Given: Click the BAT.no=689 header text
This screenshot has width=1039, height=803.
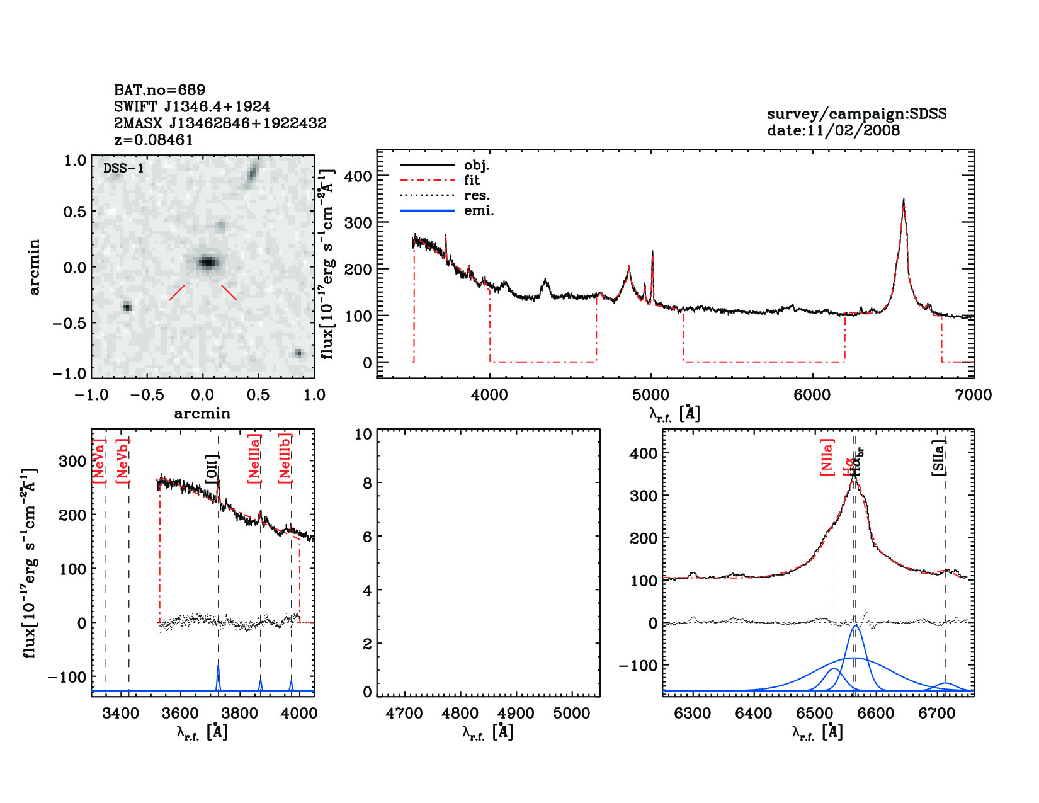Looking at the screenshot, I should point(159,90).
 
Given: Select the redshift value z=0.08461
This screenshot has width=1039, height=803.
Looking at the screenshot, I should point(154,140).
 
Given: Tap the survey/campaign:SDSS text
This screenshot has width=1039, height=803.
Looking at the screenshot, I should point(856,114).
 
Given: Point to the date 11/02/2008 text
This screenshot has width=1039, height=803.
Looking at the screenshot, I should point(833,130).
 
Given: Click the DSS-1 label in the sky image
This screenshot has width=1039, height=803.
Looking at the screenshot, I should point(123,168).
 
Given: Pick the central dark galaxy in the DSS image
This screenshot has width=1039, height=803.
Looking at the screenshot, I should point(207,262).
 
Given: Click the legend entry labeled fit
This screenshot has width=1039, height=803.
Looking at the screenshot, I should point(472,180).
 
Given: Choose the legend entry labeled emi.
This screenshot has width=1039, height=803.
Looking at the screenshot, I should point(479,210).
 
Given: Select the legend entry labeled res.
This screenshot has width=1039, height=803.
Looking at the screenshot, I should point(477,195).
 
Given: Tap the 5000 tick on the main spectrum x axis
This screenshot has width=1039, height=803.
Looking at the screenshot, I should point(650,395).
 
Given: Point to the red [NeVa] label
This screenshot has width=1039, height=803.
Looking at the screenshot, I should point(99,461).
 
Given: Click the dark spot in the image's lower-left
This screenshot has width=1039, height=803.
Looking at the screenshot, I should point(127,307).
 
